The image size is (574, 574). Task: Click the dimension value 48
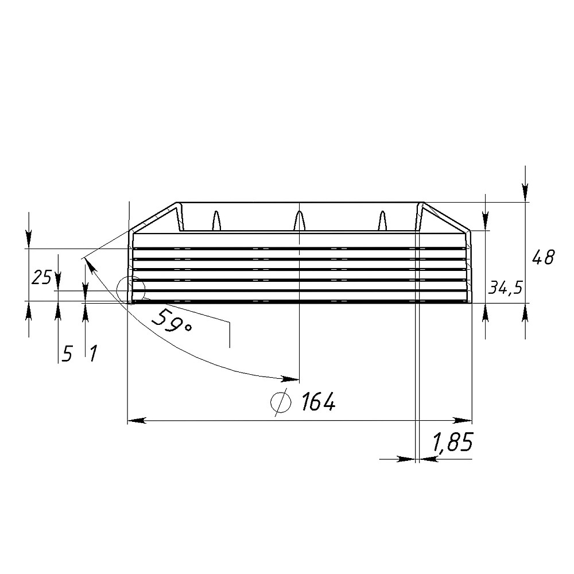(543, 257)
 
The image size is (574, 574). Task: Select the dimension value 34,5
(506, 289)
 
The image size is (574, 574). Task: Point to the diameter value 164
(318, 402)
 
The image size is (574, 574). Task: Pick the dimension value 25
(41, 278)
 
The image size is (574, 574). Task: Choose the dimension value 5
(67, 354)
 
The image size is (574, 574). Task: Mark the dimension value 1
(94, 354)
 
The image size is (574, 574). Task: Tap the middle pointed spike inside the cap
(300, 221)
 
